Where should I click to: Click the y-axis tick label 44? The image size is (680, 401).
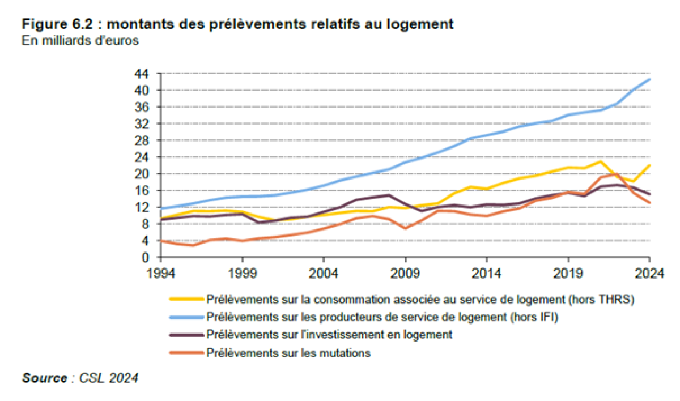point(141,74)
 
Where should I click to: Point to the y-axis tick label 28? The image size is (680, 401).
point(141,140)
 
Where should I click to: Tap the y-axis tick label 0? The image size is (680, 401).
point(144,257)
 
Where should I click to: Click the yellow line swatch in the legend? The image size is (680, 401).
point(186,298)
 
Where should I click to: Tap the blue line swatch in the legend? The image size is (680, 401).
point(186,317)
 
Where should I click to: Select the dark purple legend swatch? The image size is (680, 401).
point(186,335)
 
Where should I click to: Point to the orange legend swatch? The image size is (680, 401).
point(186,353)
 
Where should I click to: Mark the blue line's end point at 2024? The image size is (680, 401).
point(649,79)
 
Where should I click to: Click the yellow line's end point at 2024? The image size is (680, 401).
point(649,165)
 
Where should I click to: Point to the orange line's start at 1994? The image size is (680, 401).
point(162,241)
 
